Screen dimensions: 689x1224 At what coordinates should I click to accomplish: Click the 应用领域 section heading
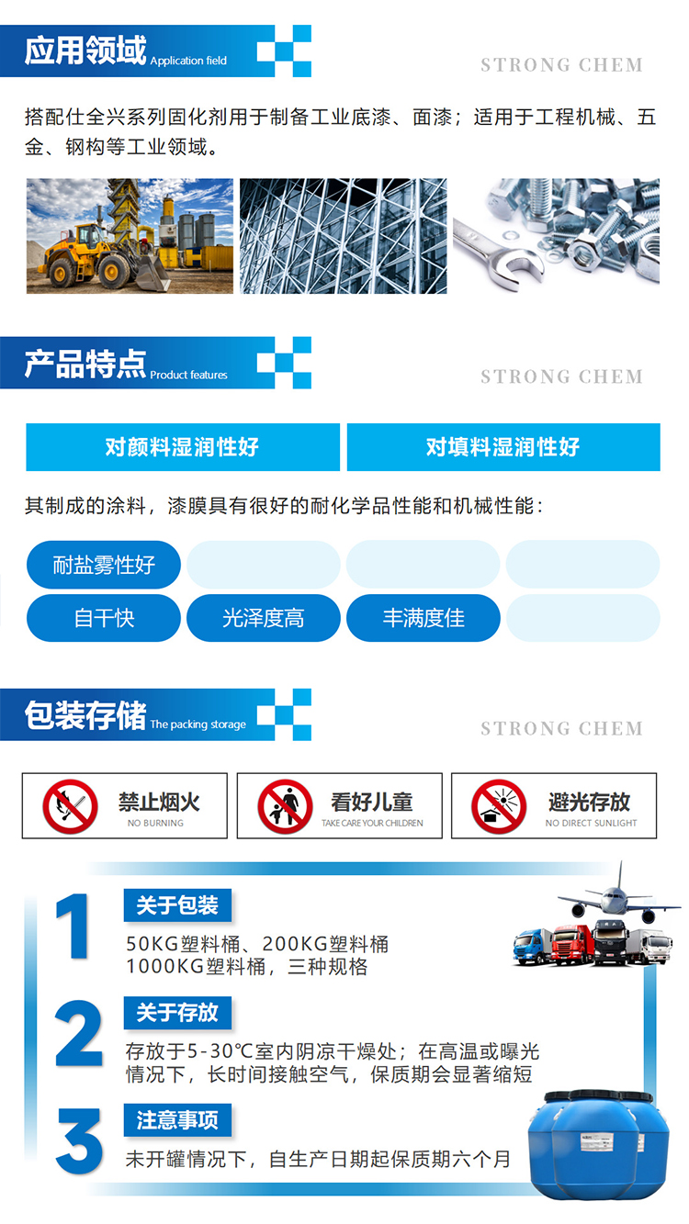(85, 51)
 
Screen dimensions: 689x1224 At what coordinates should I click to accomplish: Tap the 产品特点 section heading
(85, 364)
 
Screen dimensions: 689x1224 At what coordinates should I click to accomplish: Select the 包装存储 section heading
(85, 714)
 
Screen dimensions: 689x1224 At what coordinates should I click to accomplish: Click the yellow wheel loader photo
(130, 236)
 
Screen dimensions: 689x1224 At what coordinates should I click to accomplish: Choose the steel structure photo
(344, 236)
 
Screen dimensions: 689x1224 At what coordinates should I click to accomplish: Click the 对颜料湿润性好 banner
(183, 447)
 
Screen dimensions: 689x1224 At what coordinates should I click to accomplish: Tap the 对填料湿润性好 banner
(503, 447)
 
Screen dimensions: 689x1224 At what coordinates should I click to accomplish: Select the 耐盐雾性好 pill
(103, 565)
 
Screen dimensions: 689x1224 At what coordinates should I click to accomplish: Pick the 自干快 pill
(103, 618)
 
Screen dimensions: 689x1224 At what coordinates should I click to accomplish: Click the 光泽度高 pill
(264, 618)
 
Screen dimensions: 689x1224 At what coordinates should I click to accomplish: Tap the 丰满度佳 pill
(424, 618)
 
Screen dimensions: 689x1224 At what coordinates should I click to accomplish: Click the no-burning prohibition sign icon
(71, 806)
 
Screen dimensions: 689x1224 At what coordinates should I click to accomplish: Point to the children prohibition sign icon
(285, 806)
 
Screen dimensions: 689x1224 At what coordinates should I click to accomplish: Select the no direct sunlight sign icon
(499, 806)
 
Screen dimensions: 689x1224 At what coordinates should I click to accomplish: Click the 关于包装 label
(177, 905)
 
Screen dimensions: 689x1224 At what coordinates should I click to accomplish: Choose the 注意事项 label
(177, 1120)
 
